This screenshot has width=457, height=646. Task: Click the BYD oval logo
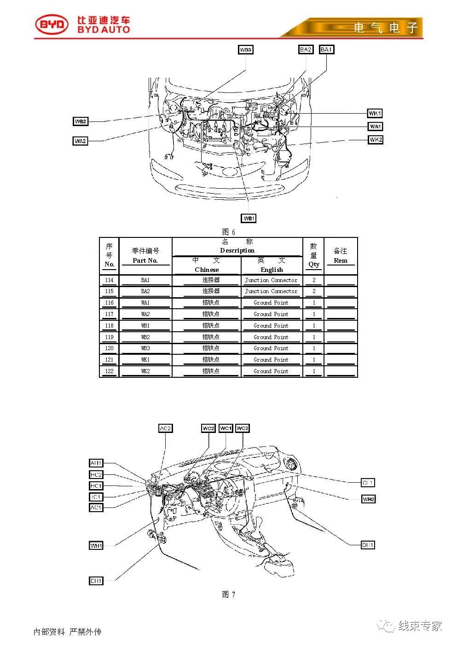pos(52,25)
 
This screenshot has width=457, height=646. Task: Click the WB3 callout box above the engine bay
pos(246,50)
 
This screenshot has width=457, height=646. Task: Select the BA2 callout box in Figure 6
pos(306,49)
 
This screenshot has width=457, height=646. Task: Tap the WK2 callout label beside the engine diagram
pos(376,139)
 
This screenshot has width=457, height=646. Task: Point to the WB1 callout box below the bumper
pos(249,218)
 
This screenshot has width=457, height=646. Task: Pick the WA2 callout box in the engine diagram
pos(81,141)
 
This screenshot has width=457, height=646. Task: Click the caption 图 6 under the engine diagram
pos(228,232)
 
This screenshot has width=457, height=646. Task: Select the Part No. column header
pos(145,256)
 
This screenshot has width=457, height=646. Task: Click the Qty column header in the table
pos(313,255)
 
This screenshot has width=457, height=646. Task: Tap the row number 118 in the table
pos(109,326)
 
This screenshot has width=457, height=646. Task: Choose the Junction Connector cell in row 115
pos(271,291)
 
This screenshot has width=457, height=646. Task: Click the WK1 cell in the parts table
pos(145,360)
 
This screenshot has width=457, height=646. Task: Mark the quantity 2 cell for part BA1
pos(314,280)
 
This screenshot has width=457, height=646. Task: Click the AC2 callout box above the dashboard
pos(165,428)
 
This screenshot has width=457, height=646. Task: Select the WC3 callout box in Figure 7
pos(242,428)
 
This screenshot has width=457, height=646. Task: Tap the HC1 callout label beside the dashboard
pos(96,486)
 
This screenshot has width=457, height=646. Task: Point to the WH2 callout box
pos(369,499)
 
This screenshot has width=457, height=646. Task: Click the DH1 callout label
pos(368,545)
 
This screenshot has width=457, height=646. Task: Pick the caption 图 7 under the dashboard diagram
pos(228,594)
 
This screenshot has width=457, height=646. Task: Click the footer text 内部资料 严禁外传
pos(67,632)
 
